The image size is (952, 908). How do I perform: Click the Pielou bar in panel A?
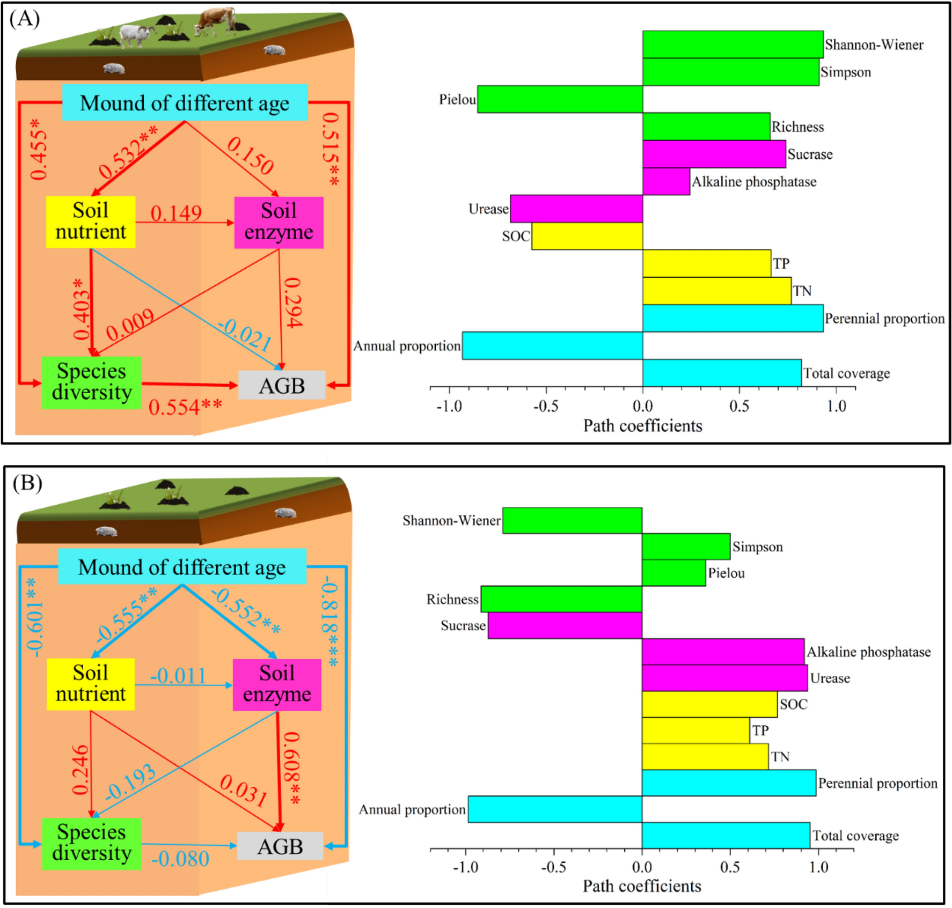[x=560, y=99]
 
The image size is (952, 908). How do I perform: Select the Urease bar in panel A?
[x=576, y=209]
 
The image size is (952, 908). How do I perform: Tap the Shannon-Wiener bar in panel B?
[x=572, y=520]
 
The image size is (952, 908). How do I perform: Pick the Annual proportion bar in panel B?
[x=555, y=809]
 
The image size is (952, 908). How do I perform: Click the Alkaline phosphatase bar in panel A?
[x=666, y=181]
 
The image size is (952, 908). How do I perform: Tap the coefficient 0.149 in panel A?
[x=176, y=213]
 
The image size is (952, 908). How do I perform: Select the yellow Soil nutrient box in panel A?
[x=91, y=222]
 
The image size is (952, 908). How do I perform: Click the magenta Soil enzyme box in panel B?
[x=277, y=684]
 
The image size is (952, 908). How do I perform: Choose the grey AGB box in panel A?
[x=282, y=385]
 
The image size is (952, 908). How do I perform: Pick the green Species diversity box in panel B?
[x=92, y=843]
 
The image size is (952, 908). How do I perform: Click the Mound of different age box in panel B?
[x=182, y=567]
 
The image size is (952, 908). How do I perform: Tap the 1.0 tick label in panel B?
[x=818, y=867]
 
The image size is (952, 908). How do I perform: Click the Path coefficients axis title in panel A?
[x=642, y=426]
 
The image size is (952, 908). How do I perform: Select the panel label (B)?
[x=27, y=483]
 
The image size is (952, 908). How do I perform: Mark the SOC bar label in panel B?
[x=793, y=704]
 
